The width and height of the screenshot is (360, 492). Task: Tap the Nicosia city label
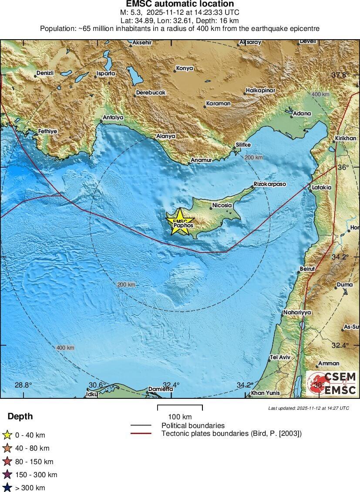click(x=222, y=205)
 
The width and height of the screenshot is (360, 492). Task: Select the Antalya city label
click(x=113, y=118)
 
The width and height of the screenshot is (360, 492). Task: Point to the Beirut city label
click(x=307, y=269)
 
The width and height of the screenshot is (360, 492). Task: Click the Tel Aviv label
click(x=280, y=357)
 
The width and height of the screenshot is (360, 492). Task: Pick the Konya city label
click(x=184, y=68)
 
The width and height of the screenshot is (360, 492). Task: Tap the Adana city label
click(x=302, y=113)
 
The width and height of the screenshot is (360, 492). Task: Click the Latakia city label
click(x=322, y=188)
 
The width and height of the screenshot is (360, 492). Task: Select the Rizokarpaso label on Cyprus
click(x=270, y=184)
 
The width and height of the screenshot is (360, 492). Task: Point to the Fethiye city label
click(x=47, y=131)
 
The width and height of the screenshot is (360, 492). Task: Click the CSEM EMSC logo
click(x=332, y=384)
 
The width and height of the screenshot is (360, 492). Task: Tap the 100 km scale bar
click(x=180, y=408)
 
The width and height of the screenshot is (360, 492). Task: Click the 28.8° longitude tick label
click(x=23, y=385)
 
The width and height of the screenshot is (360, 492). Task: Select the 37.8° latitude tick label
click(x=340, y=75)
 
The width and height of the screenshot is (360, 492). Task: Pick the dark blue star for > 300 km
click(x=7, y=488)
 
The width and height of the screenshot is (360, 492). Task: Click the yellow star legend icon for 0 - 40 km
click(x=7, y=435)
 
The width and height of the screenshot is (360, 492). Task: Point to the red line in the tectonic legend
click(x=141, y=433)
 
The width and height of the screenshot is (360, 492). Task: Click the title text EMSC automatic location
click(x=180, y=4)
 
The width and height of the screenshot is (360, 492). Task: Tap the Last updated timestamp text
click(x=309, y=408)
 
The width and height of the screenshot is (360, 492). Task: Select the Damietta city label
click(x=160, y=389)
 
